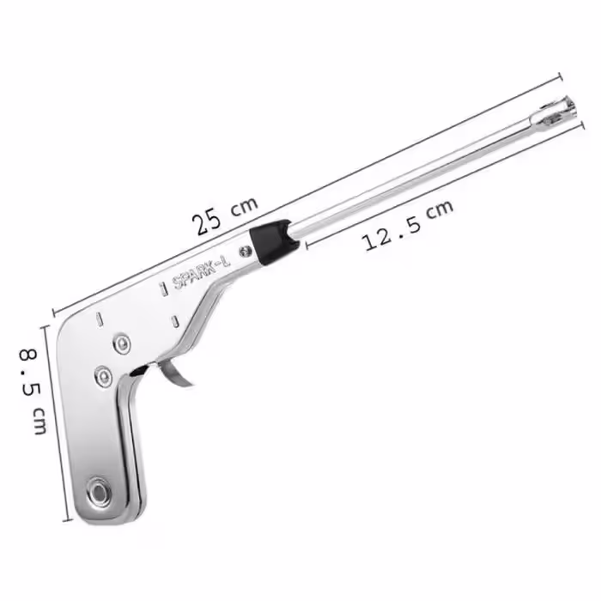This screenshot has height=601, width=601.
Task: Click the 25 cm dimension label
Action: coord(225,216)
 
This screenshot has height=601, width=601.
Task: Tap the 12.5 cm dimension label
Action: coord(408,225)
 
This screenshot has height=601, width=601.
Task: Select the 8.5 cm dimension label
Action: coord(33,391)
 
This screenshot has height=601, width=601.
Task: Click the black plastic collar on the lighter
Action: coord(274,240)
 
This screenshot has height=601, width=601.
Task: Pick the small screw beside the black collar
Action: coord(245,252)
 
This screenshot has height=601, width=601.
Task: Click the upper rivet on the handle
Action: coord(122,343)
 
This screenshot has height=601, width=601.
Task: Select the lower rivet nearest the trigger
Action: coord(103,376)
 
